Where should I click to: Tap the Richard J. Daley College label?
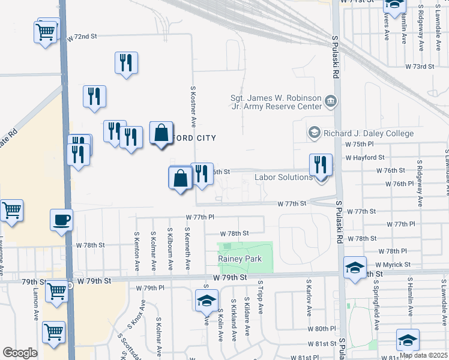(x=368, y=133)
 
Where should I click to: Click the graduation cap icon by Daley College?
(x=313, y=132)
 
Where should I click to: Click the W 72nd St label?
(x=82, y=37)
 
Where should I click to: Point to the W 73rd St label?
(x=420, y=66)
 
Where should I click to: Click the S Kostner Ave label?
(x=193, y=106)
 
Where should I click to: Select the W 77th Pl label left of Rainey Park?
(x=200, y=216)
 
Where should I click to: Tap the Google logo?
(x=20, y=353)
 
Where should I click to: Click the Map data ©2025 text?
(x=423, y=355)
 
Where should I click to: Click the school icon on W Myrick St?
(x=355, y=267)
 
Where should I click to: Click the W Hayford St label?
(x=365, y=157)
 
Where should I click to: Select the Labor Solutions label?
(x=283, y=177)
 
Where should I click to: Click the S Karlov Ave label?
(x=309, y=296)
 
